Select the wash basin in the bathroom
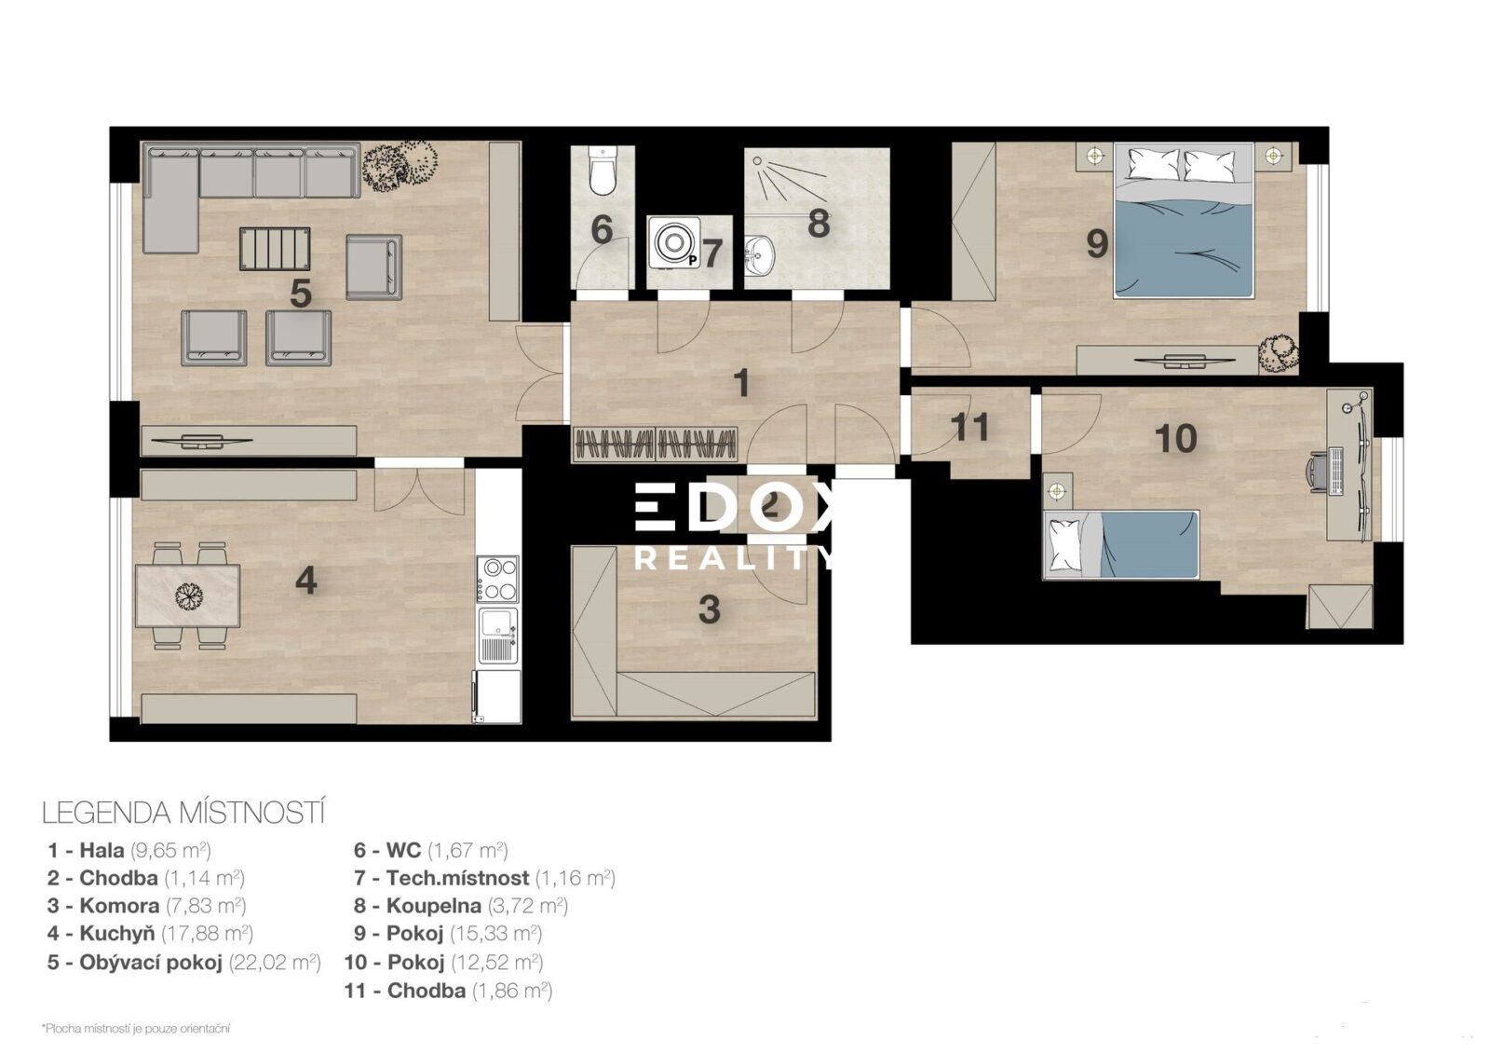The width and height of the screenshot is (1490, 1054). click(x=761, y=255)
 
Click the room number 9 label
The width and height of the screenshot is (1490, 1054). click(x=1097, y=243)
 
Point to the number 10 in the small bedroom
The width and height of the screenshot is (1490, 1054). click(x=1176, y=438)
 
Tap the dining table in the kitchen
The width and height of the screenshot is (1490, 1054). click(x=187, y=595)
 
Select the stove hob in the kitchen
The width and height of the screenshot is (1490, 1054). click(x=498, y=580)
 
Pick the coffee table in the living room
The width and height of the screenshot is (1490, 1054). click(x=275, y=249)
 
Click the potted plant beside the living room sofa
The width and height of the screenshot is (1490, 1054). click(x=400, y=167)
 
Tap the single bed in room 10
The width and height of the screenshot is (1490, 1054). click(x=1120, y=544)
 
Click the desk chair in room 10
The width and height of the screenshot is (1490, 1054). click(x=1317, y=472)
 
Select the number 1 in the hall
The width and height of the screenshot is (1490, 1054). click(x=741, y=384)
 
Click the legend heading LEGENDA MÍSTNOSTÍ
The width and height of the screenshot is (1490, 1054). click(x=183, y=814)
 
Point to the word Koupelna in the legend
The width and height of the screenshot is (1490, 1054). click(x=434, y=906)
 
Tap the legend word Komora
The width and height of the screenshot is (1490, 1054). click(x=119, y=906)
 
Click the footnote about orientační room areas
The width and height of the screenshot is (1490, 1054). click(x=136, y=1029)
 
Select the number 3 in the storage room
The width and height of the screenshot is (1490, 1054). click(x=709, y=609)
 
